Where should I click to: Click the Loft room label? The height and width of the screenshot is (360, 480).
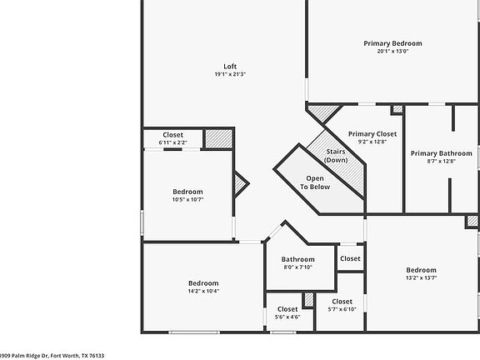pyautogui.click(x=229, y=67)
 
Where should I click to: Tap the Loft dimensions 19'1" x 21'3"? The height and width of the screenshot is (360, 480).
pyautogui.click(x=229, y=75)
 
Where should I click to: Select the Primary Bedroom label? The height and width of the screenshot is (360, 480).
pyautogui.click(x=392, y=43)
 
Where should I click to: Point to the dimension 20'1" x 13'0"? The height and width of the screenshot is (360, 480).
pyautogui.click(x=392, y=52)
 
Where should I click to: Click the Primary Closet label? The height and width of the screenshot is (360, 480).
pyautogui.click(x=372, y=133)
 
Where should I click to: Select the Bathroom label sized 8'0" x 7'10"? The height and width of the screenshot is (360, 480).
pyautogui.click(x=297, y=259)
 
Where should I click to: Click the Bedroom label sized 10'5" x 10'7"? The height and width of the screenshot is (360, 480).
pyautogui.click(x=187, y=192)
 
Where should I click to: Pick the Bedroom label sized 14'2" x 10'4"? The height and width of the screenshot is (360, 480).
pyautogui.click(x=203, y=283)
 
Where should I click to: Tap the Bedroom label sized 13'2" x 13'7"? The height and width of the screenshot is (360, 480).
pyautogui.click(x=421, y=270)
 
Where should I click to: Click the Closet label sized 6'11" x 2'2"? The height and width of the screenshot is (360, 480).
pyautogui.click(x=173, y=135)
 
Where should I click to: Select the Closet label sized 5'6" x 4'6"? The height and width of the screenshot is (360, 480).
pyautogui.click(x=287, y=309)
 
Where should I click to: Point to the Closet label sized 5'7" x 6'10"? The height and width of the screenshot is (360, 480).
pyautogui.click(x=342, y=301)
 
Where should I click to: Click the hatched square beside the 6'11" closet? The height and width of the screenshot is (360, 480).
pyautogui.click(x=218, y=138)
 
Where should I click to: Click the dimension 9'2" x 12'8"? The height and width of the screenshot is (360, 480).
pyautogui.click(x=372, y=142)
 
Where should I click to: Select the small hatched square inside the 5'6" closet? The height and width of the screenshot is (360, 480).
pyautogui.click(x=308, y=298)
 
